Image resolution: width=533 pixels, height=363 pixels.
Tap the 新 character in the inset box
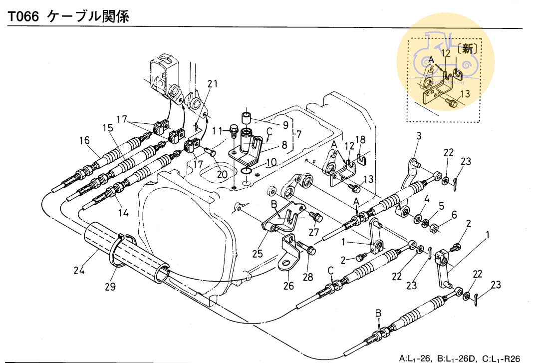coord(467,48)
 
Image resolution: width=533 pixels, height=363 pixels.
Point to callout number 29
coord(109,287)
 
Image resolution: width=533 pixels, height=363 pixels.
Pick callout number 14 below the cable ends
coord(123,212)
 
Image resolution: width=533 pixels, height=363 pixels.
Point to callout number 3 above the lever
coord(419,136)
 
